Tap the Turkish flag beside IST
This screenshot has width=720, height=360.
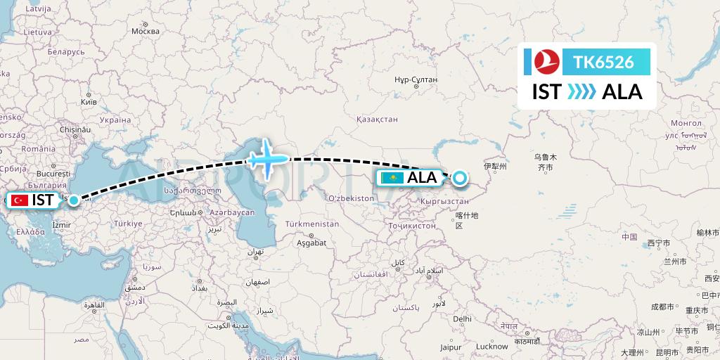point(20,200)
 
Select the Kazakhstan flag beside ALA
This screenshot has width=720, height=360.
point(391,178)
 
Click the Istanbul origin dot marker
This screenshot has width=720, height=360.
point(73,200)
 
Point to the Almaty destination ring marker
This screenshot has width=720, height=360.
point(459,178)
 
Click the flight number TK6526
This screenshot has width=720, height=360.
point(603,63)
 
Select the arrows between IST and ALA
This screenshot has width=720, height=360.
point(581,92)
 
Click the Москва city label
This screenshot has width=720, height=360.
point(146,31)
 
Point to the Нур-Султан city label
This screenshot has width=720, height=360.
point(416,79)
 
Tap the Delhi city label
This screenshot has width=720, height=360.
point(462,319)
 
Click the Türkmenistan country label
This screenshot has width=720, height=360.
point(311,224)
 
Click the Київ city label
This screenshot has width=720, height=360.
point(89,102)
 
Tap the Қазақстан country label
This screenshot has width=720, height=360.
point(377,120)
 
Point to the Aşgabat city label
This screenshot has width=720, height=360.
point(311,243)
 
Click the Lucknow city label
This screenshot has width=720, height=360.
point(491,346)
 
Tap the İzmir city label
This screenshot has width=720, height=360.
point(61,225)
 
